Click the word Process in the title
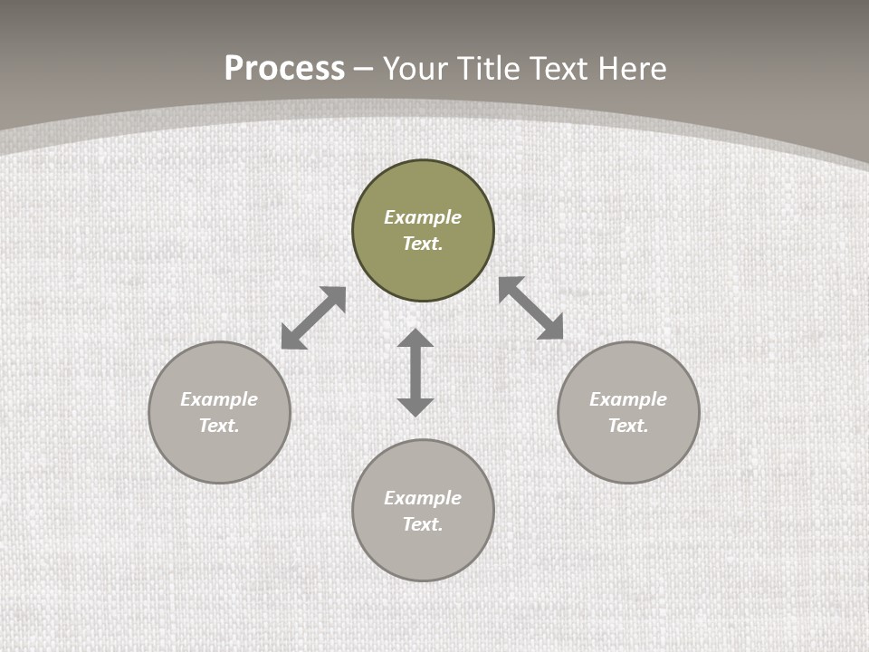pyautogui.click(x=284, y=69)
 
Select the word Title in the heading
pyautogui.click(x=494, y=69)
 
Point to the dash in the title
pyautogui.click(x=364, y=70)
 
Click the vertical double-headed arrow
pyautogui.click(x=415, y=372)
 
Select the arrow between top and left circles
pyautogui.click(x=313, y=318)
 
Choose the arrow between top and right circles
pyautogui.click(x=531, y=308)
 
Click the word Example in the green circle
pyautogui.click(x=423, y=217)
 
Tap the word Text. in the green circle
pyautogui.click(x=423, y=244)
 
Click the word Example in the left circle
pyautogui.click(x=219, y=399)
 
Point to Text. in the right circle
pyautogui.click(x=628, y=426)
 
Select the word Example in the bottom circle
pyautogui.click(x=423, y=498)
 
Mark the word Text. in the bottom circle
pyautogui.click(x=423, y=524)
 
